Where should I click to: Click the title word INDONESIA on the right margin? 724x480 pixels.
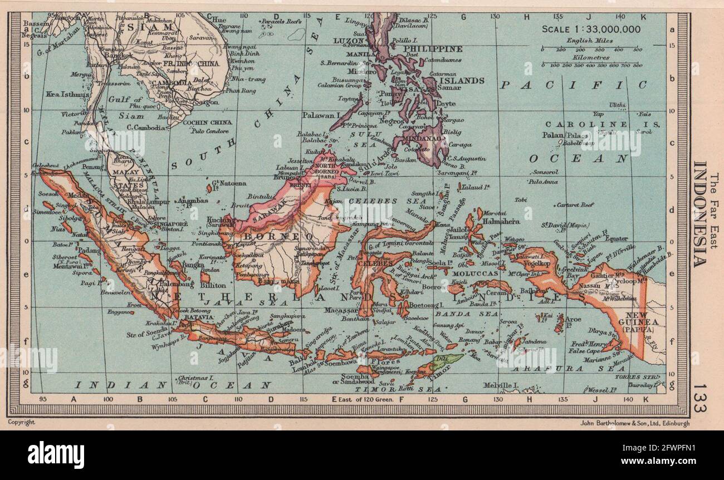pos(700,214)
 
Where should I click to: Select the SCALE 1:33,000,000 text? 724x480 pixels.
pos(591,30)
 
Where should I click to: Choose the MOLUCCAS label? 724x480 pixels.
pos(467,273)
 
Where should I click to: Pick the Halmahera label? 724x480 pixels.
pos(505,221)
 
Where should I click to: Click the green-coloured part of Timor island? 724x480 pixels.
pos(446,361)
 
